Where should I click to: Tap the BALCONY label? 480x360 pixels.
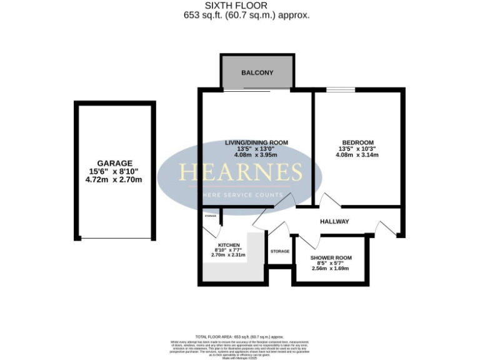[x=257, y=73]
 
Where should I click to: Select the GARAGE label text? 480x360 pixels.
[x=114, y=163]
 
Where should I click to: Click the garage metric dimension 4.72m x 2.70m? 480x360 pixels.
[x=114, y=179]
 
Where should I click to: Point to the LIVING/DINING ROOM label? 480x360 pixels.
[x=256, y=142]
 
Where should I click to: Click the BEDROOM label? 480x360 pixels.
[x=358, y=142]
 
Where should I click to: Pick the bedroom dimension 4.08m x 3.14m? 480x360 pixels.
[x=358, y=155]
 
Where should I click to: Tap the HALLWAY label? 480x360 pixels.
[x=334, y=222]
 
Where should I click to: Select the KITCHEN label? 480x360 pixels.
[x=229, y=244]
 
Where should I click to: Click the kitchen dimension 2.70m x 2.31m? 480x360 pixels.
[x=229, y=255]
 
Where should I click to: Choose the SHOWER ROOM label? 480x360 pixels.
[x=331, y=257]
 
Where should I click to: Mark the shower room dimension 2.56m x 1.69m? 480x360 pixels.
[x=330, y=268]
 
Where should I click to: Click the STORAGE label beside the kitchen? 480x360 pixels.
[x=280, y=251]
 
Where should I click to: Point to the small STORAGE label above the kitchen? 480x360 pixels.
[x=210, y=216]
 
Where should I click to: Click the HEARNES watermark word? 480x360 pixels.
[x=241, y=172]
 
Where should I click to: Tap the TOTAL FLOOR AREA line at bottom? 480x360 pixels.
[x=240, y=337]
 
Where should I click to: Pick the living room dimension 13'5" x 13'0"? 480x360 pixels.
[x=256, y=149]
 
